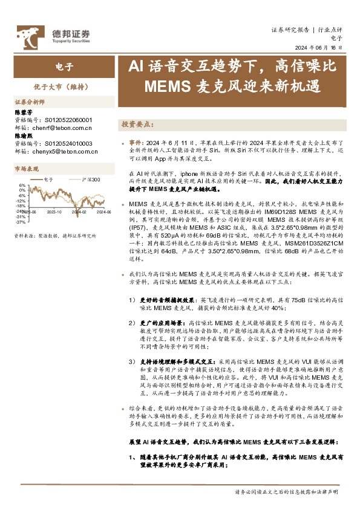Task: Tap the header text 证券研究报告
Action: [290, 28]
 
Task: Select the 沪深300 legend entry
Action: [91, 180]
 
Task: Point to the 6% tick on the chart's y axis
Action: [22, 185]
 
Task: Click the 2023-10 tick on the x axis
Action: [54, 212]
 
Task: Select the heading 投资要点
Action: [137, 123]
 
